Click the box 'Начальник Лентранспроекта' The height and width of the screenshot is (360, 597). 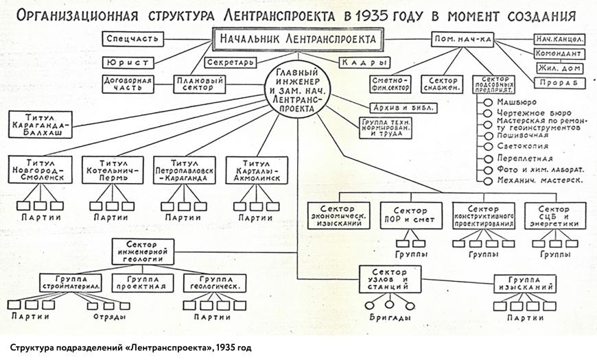coord(296,40)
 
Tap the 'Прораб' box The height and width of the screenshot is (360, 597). coord(561,83)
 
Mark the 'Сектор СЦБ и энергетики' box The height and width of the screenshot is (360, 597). coord(554,215)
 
